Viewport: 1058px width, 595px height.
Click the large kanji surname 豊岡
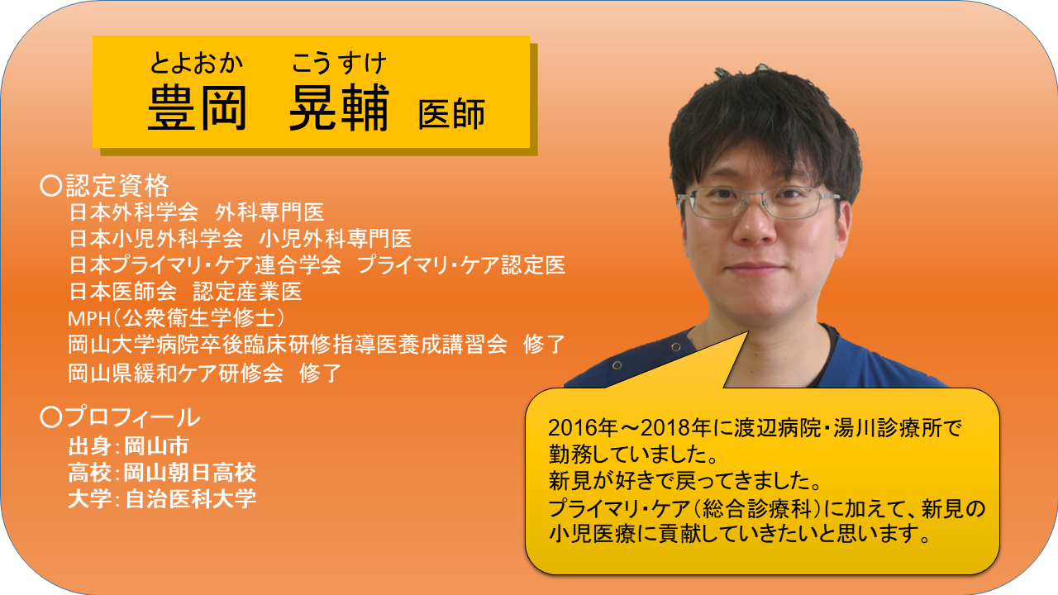click(198, 108)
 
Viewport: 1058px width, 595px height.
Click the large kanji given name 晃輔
click(339, 108)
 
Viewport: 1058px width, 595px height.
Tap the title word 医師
click(451, 114)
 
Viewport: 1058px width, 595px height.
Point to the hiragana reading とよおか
click(196, 64)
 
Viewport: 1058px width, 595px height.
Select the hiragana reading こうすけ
click(339, 64)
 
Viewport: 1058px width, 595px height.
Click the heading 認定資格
click(117, 185)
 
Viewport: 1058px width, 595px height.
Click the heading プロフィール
click(132, 417)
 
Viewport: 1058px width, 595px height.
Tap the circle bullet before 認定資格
click(51, 186)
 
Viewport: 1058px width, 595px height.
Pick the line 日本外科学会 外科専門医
click(197, 212)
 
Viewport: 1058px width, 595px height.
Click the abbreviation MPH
click(89, 319)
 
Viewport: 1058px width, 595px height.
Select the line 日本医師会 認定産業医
click(185, 292)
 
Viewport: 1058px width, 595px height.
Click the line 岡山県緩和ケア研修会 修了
click(204, 373)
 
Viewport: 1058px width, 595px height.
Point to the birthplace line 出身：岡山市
click(128, 446)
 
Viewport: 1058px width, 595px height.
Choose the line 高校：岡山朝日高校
click(162, 473)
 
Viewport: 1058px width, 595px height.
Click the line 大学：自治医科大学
click(162, 499)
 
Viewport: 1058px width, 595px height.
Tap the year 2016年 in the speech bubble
click(583, 428)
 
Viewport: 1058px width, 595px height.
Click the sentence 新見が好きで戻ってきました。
click(685, 481)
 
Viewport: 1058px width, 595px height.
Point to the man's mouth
click(755, 269)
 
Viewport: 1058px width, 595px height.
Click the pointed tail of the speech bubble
click(748, 332)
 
